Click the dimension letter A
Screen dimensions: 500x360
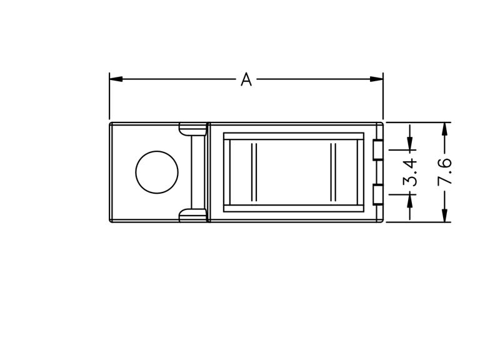click(x=246, y=79)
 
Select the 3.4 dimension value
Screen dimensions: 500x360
click(x=410, y=172)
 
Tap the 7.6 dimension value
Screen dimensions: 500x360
click(x=445, y=171)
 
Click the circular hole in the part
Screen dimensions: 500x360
click(x=157, y=172)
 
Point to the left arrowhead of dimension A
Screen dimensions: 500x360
click(x=116, y=79)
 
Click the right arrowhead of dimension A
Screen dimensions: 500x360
click(x=377, y=79)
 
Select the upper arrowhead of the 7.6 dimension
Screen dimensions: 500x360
click(x=445, y=129)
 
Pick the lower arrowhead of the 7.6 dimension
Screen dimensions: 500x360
click(x=445, y=215)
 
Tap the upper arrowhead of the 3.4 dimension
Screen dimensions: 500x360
click(x=410, y=143)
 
